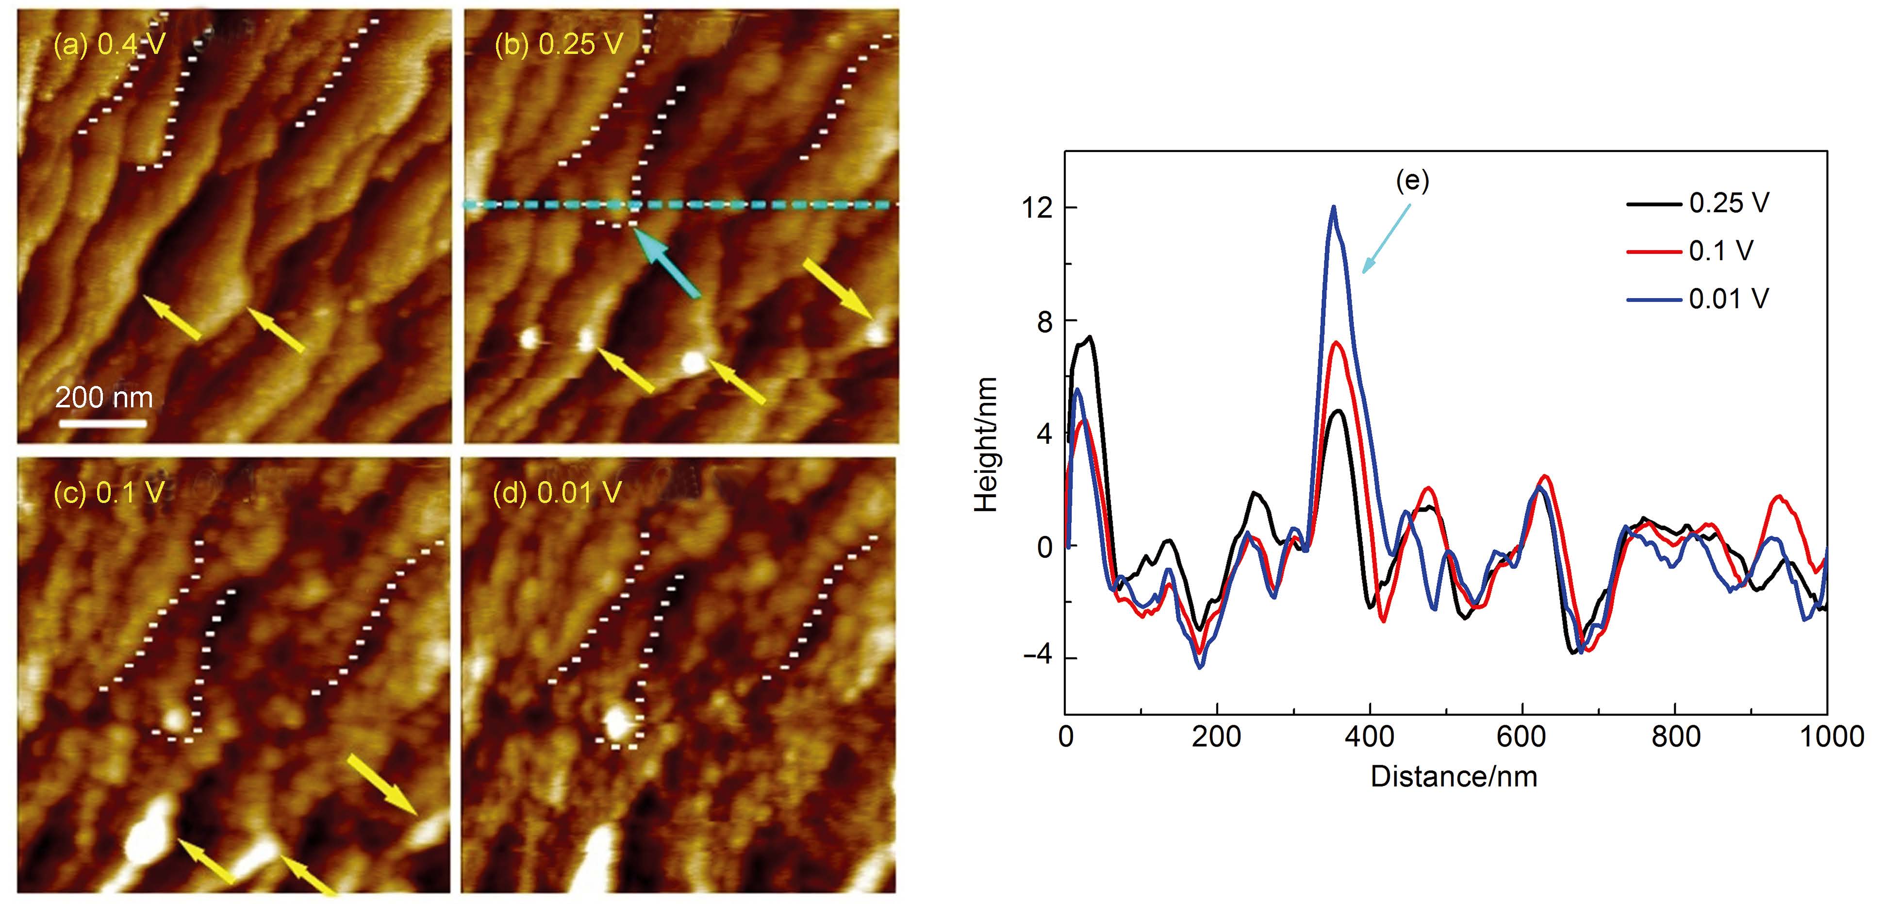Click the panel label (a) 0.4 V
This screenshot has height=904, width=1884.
[x=110, y=45]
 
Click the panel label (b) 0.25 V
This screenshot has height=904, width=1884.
[x=559, y=45]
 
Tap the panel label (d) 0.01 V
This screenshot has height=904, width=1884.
[x=557, y=493]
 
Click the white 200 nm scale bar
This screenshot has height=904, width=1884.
[x=102, y=423]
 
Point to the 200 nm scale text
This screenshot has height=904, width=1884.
[x=104, y=397]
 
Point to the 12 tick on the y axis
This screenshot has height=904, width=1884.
[x=1037, y=208]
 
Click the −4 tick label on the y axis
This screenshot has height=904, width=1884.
[x=1037, y=655]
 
